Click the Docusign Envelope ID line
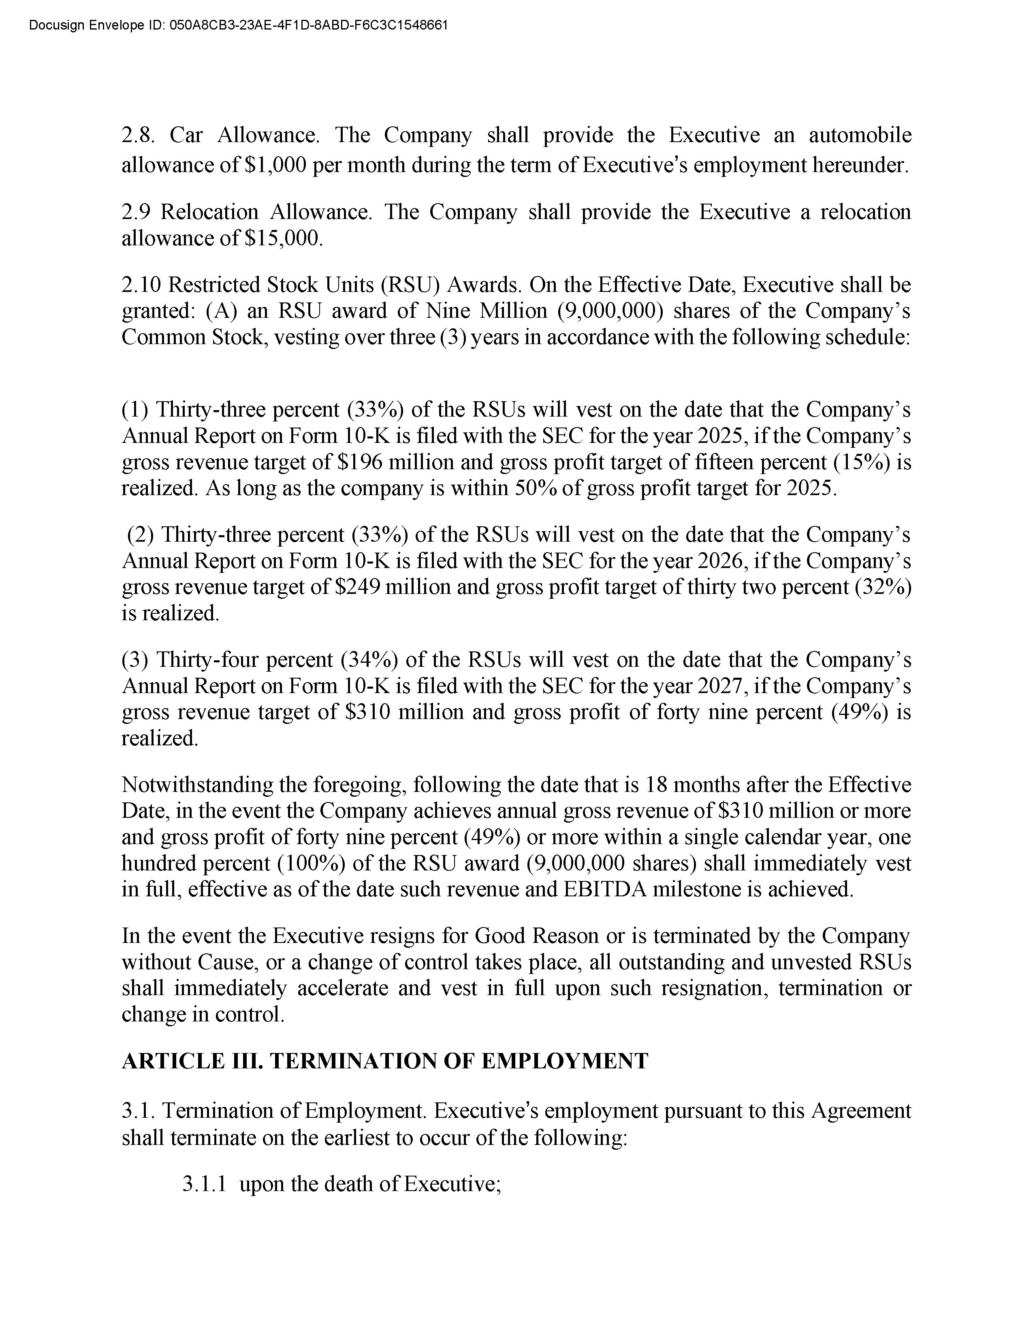(239, 25)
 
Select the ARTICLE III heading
(384, 1061)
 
